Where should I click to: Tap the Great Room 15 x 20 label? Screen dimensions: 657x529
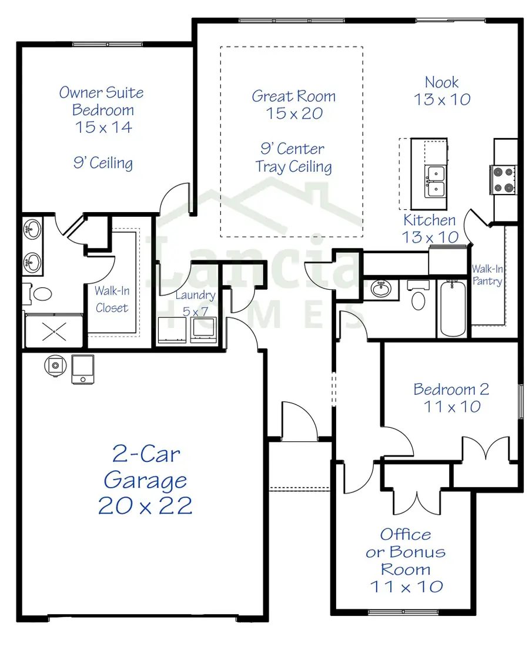tap(293, 105)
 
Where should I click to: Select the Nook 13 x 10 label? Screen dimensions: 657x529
tap(442, 90)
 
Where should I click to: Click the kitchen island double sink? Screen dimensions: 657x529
tap(436, 181)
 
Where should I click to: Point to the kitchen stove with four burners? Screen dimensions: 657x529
tap(504, 180)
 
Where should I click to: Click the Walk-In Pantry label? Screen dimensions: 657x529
tap(487, 275)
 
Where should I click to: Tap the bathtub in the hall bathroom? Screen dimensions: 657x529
tap(453, 309)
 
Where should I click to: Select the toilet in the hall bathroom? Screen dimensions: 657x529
tap(418, 299)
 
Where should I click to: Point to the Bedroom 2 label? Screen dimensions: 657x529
tap(451, 397)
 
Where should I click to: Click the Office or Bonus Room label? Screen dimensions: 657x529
tap(406, 560)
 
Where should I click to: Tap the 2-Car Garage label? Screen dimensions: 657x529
tap(145, 480)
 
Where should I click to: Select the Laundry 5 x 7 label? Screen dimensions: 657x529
tap(195, 303)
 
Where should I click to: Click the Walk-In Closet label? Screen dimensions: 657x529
tap(112, 299)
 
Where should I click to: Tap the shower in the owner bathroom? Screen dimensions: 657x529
tap(53, 331)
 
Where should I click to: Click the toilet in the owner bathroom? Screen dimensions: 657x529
tap(41, 293)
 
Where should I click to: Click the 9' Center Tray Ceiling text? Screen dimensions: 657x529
tap(293, 157)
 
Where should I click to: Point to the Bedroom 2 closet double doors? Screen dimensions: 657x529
tap(486, 450)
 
